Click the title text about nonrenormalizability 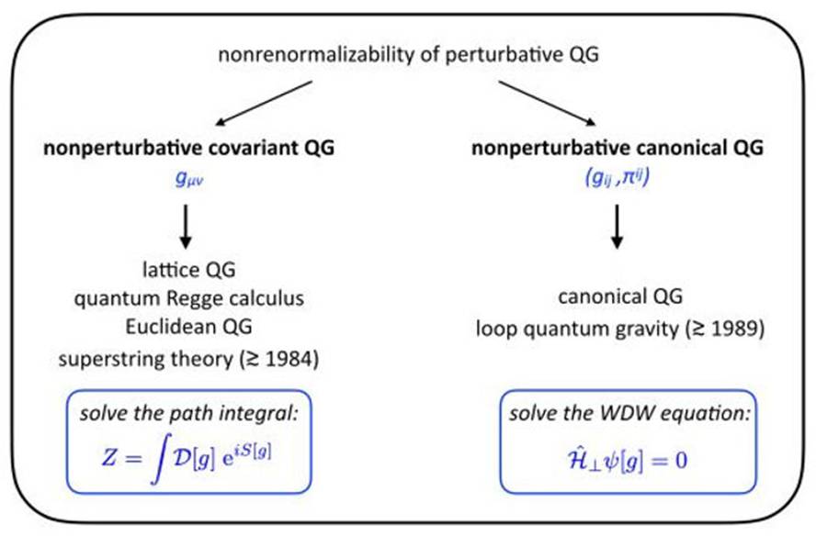408,56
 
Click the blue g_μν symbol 187,179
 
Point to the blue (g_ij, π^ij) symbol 617,180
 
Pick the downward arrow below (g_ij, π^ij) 618,229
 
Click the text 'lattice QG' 187,272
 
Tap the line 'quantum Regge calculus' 187,301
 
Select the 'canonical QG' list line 617,301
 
